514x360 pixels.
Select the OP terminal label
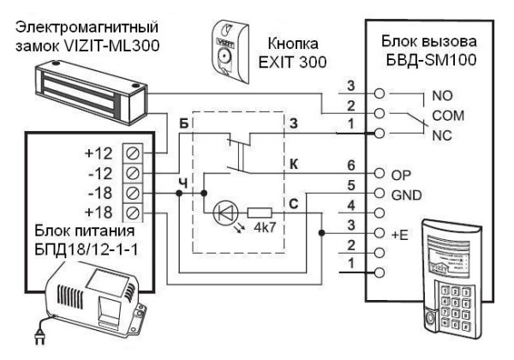pos(401,172)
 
